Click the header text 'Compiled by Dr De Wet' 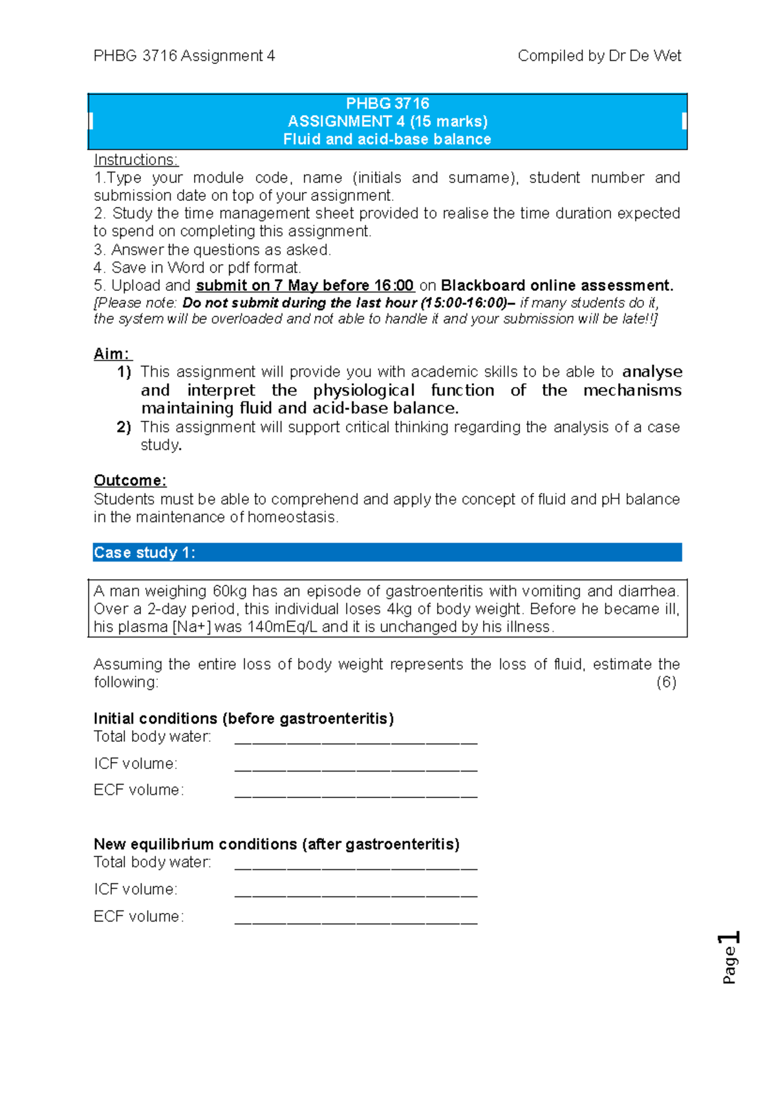pos(599,56)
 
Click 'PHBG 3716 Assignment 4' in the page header pos(184,56)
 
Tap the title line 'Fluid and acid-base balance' pos(387,140)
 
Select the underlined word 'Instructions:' pos(136,160)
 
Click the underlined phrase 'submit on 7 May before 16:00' pos(305,286)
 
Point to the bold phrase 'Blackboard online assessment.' pos(557,286)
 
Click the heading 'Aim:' pos(113,354)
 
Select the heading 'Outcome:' pos(130,481)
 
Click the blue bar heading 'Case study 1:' pos(144,553)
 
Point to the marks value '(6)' pos(666,682)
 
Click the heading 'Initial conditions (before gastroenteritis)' pos(244,719)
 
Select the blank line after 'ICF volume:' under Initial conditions pos(356,769)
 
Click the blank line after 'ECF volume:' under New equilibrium pos(356,922)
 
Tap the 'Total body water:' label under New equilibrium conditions pos(153,862)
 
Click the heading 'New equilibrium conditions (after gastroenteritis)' pos(276,844)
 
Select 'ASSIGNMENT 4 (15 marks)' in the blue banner pos(387,121)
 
